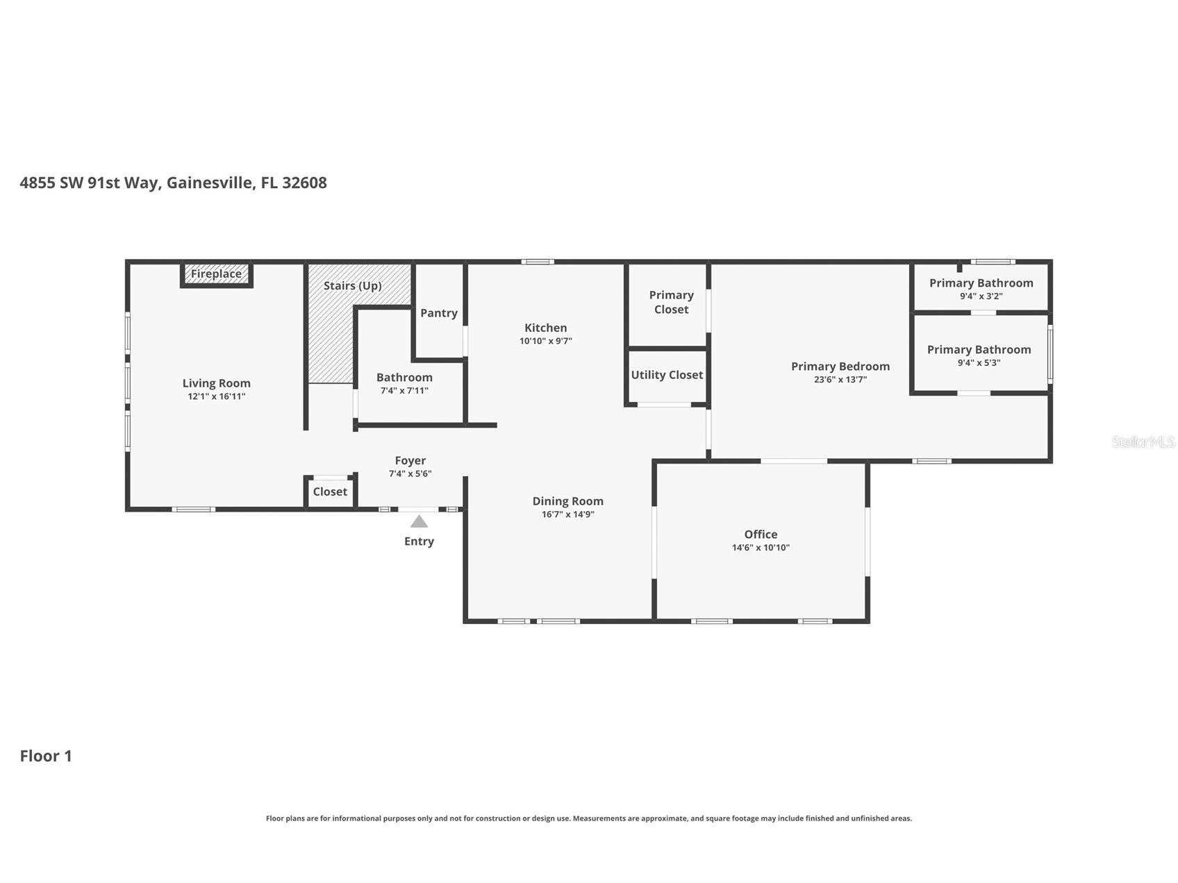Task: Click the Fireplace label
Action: tap(216, 274)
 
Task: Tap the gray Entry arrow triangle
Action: tap(419, 521)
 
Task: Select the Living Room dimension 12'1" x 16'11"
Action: tap(217, 396)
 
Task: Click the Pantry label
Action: tap(439, 313)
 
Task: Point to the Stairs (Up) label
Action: tap(353, 285)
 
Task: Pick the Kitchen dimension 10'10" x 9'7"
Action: tap(546, 341)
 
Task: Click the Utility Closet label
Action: tap(667, 375)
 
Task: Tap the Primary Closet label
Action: tap(672, 302)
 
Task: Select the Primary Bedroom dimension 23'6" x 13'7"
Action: tap(840, 380)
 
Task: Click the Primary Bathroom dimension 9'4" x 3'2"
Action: tap(981, 296)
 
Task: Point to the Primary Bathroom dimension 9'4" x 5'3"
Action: tap(979, 363)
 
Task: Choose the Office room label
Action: tap(761, 534)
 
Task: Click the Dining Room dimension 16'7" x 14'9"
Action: tap(568, 514)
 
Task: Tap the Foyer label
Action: tap(410, 460)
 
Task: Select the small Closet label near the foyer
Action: tap(330, 491)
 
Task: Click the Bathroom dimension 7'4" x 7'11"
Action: tap(404, 391)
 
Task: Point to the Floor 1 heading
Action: tap(46, 756)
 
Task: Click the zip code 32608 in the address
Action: tap(304, 183)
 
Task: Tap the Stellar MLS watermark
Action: tap(1143, 441)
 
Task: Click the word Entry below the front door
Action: tap(419, 541)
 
